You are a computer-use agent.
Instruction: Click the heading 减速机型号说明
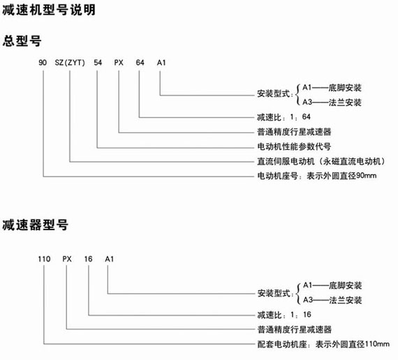49,10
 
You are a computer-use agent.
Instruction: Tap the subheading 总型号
22,40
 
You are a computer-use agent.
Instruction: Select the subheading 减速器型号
36,225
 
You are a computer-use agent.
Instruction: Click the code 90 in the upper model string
43,62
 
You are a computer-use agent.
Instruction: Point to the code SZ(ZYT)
70,63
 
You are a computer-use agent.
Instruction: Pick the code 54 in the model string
98,62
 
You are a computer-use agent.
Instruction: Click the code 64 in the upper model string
140,62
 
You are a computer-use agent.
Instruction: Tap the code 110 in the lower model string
44,259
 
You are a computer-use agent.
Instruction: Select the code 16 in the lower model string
89,259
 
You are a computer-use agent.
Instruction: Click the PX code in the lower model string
67,259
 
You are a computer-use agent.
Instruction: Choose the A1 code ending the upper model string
161,62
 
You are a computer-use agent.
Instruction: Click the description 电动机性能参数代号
294,147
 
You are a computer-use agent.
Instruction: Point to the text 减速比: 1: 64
283,117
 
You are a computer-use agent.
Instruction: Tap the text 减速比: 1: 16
284,315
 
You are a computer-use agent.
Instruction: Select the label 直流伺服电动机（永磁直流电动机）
321,161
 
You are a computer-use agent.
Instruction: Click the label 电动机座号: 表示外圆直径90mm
317,176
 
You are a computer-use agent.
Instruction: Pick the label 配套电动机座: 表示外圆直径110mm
323,344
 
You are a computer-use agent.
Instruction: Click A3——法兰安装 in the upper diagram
332,103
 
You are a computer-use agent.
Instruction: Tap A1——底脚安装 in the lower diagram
332,285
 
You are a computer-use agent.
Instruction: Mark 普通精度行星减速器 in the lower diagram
295,329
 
